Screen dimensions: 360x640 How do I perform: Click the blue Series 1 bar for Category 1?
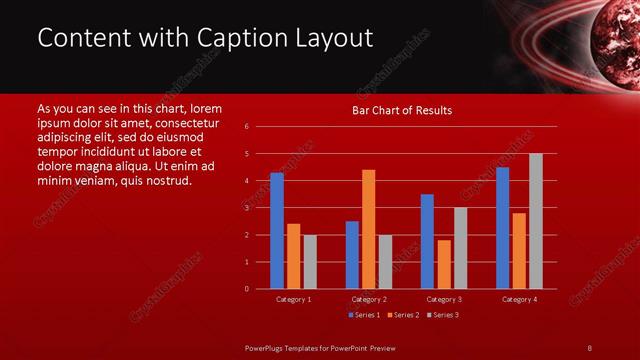pos(277,231)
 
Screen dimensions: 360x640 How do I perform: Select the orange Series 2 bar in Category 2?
pos(368,229)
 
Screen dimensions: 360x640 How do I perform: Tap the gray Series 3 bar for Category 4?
pos(536,221)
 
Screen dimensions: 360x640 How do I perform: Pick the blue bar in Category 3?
pos(427,241)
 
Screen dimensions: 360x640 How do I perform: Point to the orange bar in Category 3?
pos(443,264)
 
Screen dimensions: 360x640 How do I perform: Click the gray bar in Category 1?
pos(310,262)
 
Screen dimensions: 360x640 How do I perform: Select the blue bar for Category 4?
pos(502,228)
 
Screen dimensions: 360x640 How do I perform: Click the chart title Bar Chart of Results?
pos(403,110)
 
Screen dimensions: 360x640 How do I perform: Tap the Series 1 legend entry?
pos(363,315)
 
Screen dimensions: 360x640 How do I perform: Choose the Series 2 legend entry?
pos(403,315)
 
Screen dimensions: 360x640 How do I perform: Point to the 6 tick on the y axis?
pos(246,127)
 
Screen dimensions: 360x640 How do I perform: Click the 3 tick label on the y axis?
pos(246,208)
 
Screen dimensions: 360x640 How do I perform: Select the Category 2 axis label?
pos(369,299)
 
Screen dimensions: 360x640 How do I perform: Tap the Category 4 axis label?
pos(519,299)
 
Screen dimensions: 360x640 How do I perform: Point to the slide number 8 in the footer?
pos(589,347)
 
